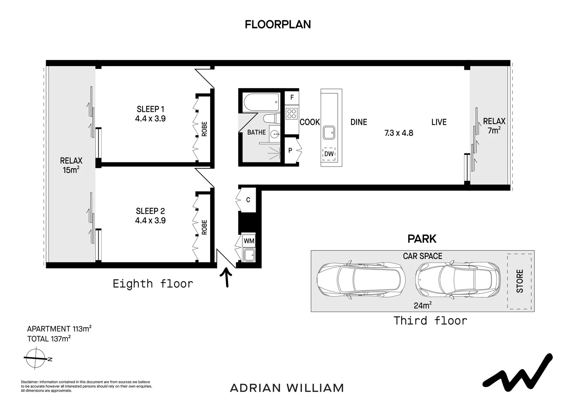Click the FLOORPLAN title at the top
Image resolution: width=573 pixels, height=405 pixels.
[278, 24]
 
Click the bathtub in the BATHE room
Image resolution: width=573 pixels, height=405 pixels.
[261, 102]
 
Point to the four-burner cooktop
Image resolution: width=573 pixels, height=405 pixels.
[292, 113]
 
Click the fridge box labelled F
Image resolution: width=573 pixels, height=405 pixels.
[292, 97]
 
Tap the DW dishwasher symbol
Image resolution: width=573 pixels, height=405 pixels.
[329, 154]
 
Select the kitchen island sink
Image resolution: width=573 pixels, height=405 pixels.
[329, 132]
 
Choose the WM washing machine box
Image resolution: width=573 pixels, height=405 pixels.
[249, 241]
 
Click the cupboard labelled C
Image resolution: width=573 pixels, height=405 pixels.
[247, 200]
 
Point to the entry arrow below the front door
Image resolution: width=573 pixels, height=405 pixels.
[226, 277]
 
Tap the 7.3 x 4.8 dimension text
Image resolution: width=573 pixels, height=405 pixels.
[399, 133]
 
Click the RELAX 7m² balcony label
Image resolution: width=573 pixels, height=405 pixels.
[494, 126]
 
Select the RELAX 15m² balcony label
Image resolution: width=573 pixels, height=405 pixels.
[71, 165]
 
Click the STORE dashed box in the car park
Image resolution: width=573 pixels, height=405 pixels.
[519, 281]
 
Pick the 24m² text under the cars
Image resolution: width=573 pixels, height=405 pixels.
[423, 305]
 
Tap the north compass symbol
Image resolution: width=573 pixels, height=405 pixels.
[36, 358]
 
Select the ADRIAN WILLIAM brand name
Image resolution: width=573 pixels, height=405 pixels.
[287, 388]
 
